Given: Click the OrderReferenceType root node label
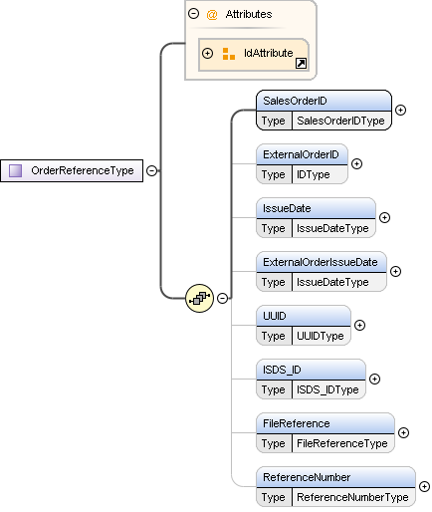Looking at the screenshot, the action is (83, 170).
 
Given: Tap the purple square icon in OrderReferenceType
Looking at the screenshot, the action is (15, 170).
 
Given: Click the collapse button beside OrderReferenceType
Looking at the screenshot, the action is (151, 170).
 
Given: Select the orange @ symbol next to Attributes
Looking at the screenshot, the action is (212, 15).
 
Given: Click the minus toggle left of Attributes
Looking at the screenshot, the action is (193, 14).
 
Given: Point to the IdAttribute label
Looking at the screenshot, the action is (268, 53).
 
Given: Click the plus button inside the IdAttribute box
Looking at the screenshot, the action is (207, 53).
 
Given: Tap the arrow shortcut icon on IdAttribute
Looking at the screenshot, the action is (301, 63).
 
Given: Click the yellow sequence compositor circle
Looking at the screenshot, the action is (199, 298).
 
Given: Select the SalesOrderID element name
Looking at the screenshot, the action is (295, 101).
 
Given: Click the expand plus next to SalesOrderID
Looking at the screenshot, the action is (400, 110).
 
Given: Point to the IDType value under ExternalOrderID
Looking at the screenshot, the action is (314, 174).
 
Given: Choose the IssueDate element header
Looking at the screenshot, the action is (287, 208).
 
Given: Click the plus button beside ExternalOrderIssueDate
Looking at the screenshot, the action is (395, 271).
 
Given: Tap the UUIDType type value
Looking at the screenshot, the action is (321, 336).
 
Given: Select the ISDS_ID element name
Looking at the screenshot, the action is (282, 370).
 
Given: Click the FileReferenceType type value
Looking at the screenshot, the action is (342, 443).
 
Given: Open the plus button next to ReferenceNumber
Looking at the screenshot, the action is (424, 486).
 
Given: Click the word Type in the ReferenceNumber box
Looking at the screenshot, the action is (273, 497).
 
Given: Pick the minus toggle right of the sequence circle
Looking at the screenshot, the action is (222, 298).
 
